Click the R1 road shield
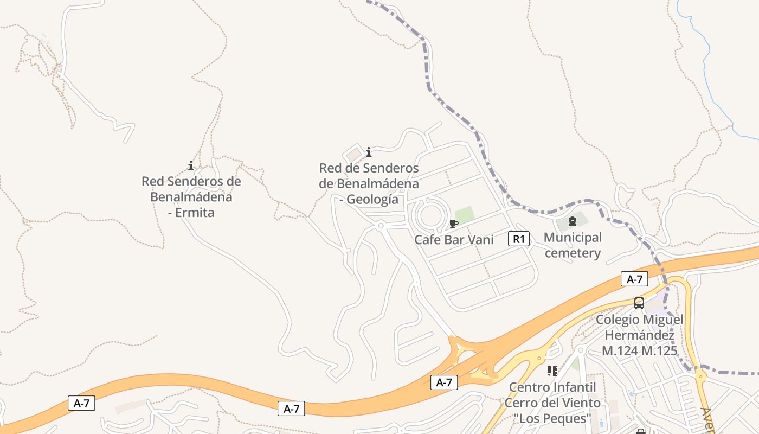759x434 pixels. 518,239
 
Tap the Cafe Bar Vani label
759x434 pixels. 454,239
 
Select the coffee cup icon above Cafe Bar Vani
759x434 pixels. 454,224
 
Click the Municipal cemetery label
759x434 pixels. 573,245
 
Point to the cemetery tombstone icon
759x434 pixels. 572,221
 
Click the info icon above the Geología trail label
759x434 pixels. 369,152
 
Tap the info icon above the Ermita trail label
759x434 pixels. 191,165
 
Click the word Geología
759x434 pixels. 372,200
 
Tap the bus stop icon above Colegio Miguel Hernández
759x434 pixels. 639,303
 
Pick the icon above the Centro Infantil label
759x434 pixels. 552,371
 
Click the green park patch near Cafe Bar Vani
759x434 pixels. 465,214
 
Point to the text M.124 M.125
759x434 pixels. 640,351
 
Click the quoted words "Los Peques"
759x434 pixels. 552,418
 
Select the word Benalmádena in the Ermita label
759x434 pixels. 191,196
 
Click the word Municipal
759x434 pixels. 573,238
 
